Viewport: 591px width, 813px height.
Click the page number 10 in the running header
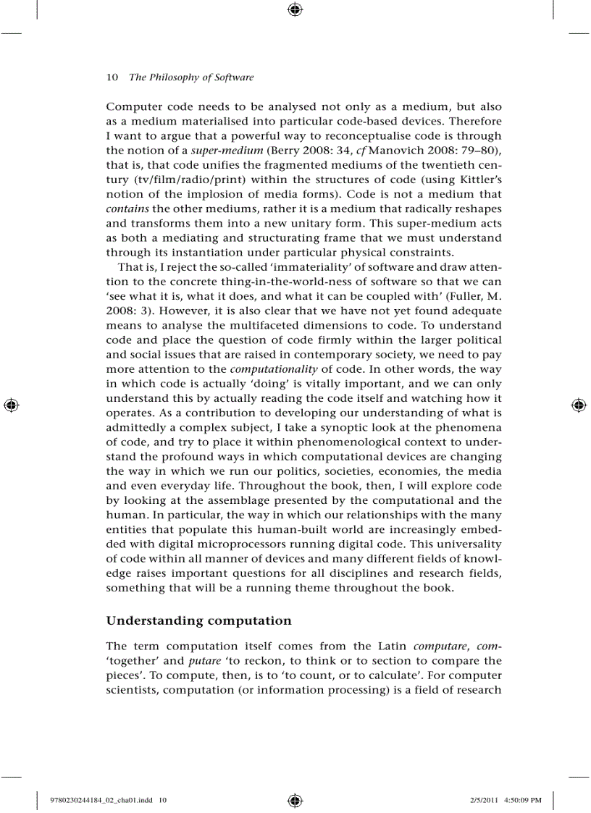112,77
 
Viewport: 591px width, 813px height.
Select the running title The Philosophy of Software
191,77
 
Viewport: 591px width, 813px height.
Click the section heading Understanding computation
198,620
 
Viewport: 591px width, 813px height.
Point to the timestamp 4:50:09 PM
520,800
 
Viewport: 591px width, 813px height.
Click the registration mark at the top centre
295,9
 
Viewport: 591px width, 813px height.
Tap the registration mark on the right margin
579,405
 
